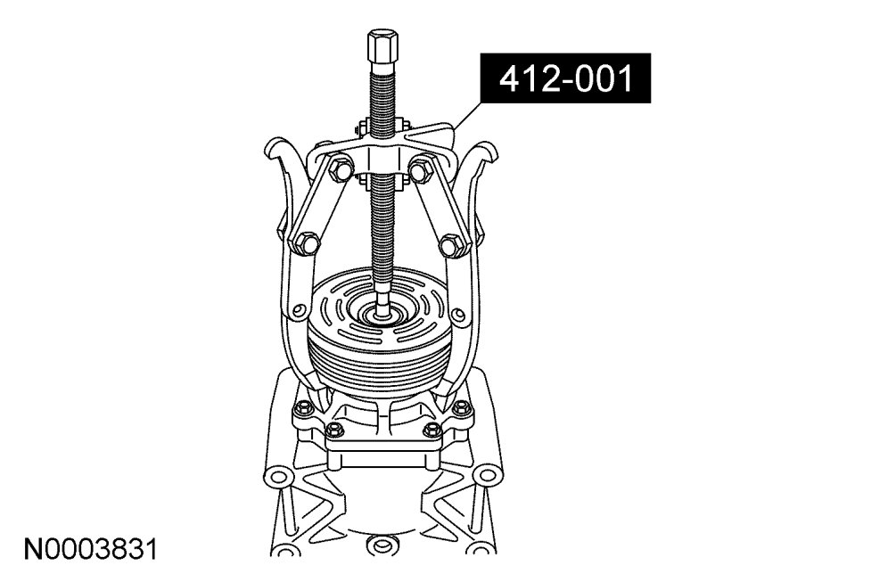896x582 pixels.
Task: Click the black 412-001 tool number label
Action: click(x=565, y=78)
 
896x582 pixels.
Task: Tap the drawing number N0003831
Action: click(x=90, y=549)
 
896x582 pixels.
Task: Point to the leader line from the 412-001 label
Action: click(x=467, y=116)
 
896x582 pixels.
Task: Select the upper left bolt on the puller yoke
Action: click(x=340, y=171)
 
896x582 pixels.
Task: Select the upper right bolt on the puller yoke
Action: click(x=421, y=169)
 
